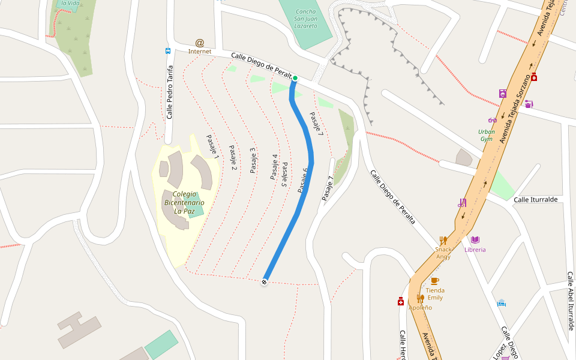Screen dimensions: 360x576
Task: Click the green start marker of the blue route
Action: coord(295,78)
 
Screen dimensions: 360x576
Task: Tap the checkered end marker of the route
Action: coord(264,281)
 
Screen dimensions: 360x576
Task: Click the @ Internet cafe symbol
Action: coord(200,43)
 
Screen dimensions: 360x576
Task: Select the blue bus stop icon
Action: coord(168,51)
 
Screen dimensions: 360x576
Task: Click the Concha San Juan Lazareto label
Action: coord(305,19)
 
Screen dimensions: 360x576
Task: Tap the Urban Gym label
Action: coord(487,135)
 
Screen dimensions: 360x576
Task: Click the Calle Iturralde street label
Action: coord(536,199)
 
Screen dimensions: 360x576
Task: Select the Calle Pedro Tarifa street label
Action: coord(170,92)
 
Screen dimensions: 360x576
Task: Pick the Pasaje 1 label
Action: coord(212,146)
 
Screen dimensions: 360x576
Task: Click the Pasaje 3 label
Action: coord(253,160)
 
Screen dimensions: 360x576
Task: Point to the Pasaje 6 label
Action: coord(303,180)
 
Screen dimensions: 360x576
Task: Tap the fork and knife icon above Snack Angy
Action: coord(443,240)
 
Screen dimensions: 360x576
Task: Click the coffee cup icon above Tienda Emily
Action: coord(435,280)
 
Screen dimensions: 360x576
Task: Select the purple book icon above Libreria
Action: coord(475,240)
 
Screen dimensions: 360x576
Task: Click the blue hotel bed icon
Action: coord(502,303)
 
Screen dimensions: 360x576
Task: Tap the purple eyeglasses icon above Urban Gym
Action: coord(493,120)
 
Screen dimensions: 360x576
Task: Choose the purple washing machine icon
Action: coord(503,94)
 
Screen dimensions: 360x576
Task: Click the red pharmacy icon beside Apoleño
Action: coord(401,301)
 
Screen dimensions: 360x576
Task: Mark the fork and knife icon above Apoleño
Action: coord(420,298)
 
